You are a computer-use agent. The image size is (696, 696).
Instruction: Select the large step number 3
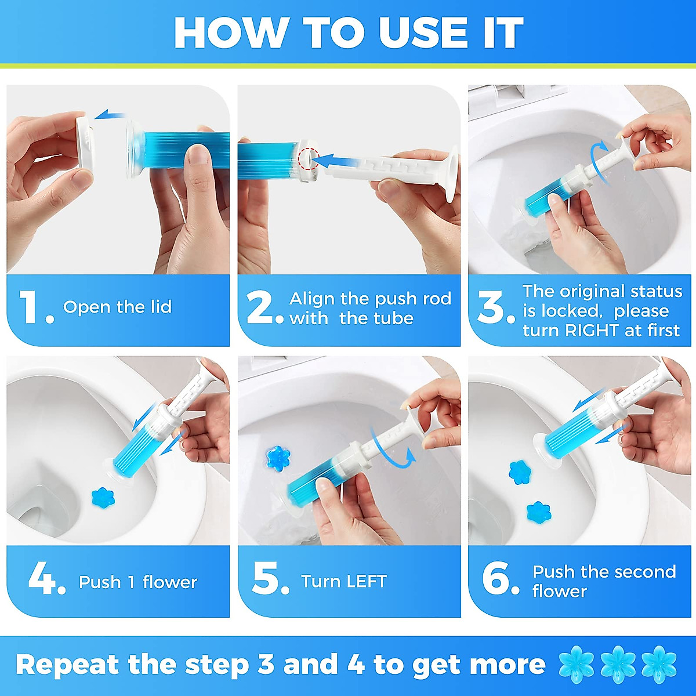491,307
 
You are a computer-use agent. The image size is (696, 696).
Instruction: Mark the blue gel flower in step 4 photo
103,497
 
